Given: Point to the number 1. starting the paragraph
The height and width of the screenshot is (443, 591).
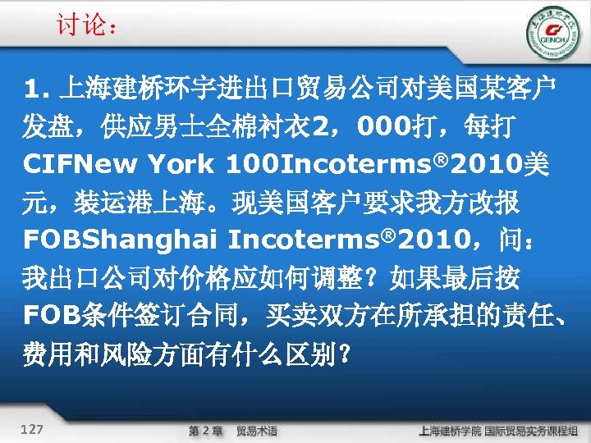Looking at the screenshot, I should point(39,87).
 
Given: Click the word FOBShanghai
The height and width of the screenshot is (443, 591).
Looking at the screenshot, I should point(120,241).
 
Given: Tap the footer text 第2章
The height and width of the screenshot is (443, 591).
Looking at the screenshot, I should point(206,429).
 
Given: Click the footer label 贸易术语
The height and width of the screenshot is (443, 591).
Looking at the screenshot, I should point(257,429).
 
